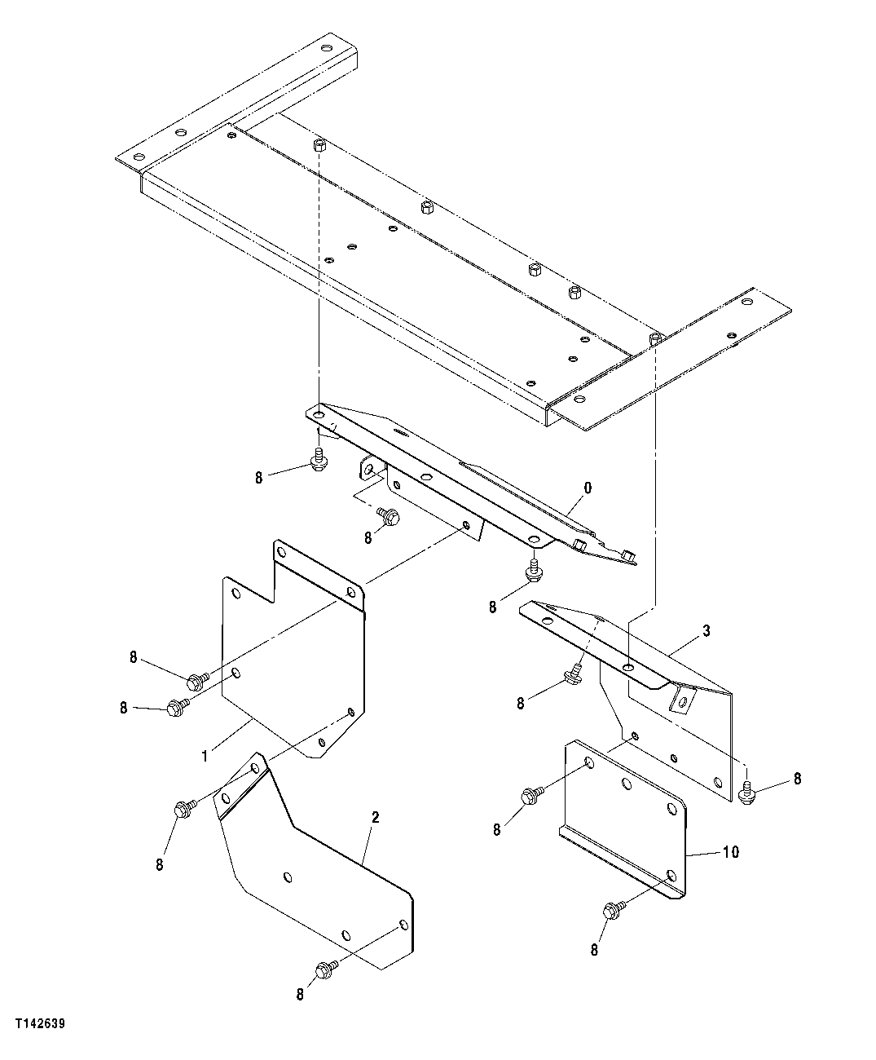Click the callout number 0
(x=588, y=488)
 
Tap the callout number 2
(x=375, y=817)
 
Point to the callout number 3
(x=706, y=630)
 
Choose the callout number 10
(x=730, y=852)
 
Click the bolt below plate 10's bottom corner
(x=614, y=909)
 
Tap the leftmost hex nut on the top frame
(x=320, y=146)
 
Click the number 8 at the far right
(x=797, y=779)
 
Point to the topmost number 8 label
(x=259, y=478)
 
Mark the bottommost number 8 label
(x=300, y=994)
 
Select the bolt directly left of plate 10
(x=531, y=793)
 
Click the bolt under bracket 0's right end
(x=534, y=571)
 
